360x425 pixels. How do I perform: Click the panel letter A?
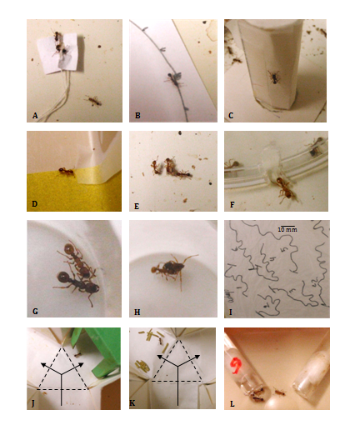(x=35, y=116)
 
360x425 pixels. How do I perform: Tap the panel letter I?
(x=231, y=312)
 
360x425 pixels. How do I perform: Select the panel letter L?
(x=232, y=404)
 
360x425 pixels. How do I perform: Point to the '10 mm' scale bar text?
(x=287, y=230)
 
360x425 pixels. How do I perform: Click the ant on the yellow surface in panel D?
(x=67, y=172)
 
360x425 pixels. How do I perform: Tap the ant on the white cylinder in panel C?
(x=274, y=77)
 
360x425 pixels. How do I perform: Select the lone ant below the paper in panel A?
(x=93, y=101)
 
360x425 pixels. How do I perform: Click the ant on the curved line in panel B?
(x=174, y=78)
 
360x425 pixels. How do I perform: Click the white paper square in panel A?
(x=60, y=53)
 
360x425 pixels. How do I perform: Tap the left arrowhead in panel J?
(x=43, y=364)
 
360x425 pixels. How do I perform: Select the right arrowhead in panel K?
(x=197, y=357)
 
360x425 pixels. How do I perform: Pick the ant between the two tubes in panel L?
(x=279, y=392)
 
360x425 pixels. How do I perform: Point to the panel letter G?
(x=35, y=312)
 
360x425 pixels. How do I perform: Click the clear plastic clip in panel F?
(x=269, y=164)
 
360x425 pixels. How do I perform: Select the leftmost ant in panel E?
(x=156, y=167)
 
